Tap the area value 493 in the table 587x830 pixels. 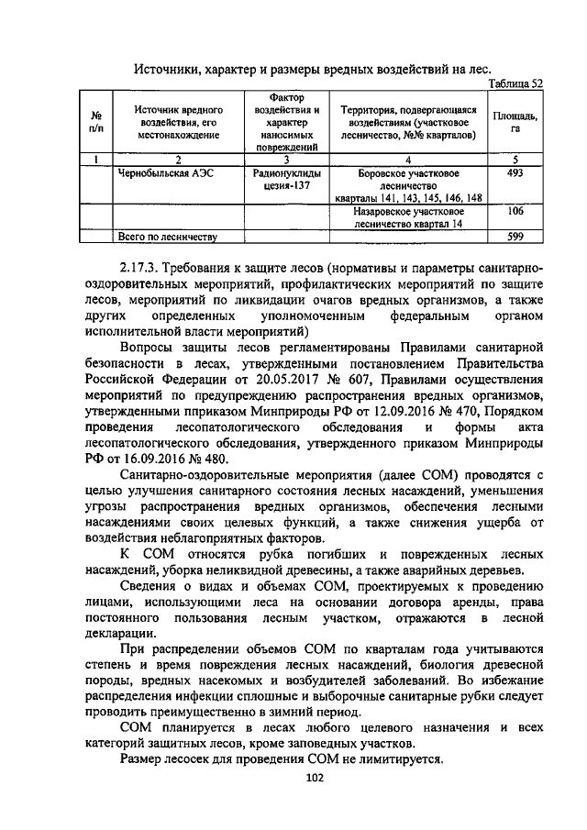click(x=515, y=172)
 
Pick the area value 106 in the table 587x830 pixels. click(x=515, y=210)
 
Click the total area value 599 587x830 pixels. click(x=515, y=238)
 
